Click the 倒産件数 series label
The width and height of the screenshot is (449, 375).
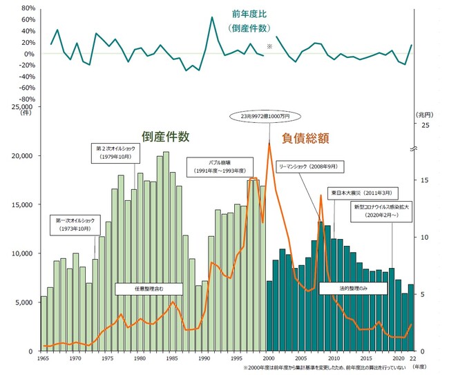[166, 137]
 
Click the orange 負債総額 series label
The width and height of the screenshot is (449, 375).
[305, 138]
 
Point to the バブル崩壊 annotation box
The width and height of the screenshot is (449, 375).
[215, 166]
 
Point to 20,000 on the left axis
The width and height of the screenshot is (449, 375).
[23, 156]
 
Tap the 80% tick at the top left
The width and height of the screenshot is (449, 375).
[28, 8]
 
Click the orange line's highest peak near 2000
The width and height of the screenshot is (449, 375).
[269, 144]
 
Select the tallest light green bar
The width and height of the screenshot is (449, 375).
[166, 251]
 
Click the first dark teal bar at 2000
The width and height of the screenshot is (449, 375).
[269, 316]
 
